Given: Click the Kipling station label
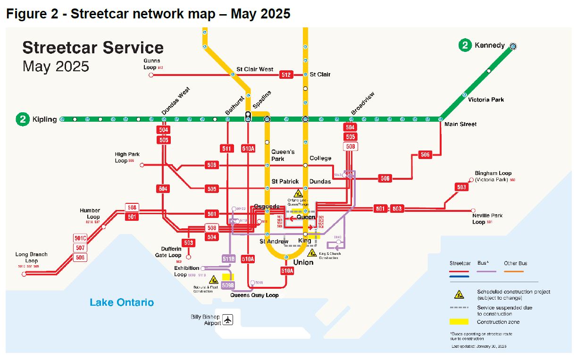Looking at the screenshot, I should pyautogui.click(x=44, y=119).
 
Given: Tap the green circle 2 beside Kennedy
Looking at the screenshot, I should pyautogui.click(x=465, y=45).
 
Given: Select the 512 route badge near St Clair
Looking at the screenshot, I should pyautogui.click(x=286, y=75).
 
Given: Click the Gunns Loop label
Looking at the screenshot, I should pyautogui.click(x=152, y=64).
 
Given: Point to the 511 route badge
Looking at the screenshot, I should pyautogui.click(x=227, y=149).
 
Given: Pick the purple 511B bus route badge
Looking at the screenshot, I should pyautogui.click(x=228, y=259).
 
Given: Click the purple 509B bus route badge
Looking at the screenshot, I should pyautogui.click(x=228, y=285).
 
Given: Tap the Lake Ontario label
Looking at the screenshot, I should pyautogui.click(x=122, y=302).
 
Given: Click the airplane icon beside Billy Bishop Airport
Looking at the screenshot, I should pyautogui.click(x=228, y=319).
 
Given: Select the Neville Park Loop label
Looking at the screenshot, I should pyautogui.click(x=487, y=218).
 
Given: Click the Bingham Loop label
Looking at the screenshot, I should pyautogui.click(x=493, y=174).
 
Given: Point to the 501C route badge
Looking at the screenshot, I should pyautogui.click(x=81, y=238).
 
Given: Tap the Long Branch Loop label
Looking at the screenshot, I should pyautogui.click(x=32, y=258).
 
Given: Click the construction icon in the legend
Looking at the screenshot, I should pyautogui.click(x=459, y=294).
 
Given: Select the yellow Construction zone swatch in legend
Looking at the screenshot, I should pyautogui.click(x=459, y=322).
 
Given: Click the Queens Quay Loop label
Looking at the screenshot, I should pyautogui.click(x=254, y=295).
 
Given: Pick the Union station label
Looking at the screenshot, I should pyautogui.click(x=303, y=262).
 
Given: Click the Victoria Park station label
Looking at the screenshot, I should pyautogui.click(x=486, y=100).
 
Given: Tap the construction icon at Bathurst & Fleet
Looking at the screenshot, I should pyautogui.click(x=213, y=279).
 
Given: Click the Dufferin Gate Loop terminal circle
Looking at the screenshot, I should pyautogui.click(x=189, y=257).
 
